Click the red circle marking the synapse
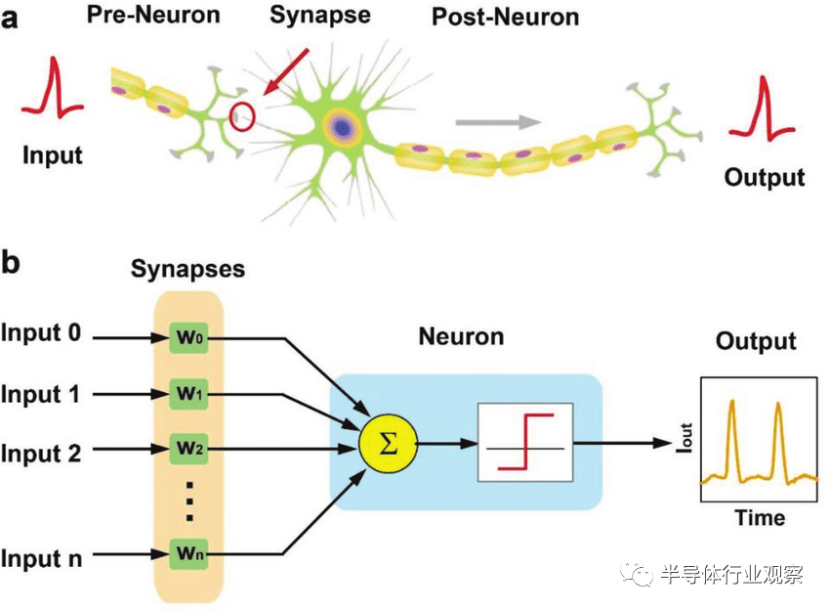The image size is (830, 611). tap(230, 116)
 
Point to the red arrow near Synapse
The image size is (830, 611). tap(286, 72)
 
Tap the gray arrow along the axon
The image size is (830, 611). tap(498, 122)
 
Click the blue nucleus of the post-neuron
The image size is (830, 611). tap(343, 128)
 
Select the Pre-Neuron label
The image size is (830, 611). tap(153, 15)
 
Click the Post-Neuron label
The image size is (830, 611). tap(506, 17)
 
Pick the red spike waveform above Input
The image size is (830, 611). tap(52, 87)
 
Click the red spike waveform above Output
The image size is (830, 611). tap(762, 109)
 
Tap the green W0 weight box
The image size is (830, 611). tap(188, 337)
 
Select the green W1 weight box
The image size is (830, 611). tap(188, 394)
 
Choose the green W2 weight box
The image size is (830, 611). tap(188, 449)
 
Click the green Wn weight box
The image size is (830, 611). tap(188, 553)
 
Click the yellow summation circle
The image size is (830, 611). tap(388, 444)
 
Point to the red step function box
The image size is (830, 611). tap(525, 443)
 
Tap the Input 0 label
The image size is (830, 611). tap(41, 332)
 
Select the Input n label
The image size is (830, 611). tap(41, 558)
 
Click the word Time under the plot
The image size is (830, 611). tap(760, 518)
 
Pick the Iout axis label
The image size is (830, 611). tap(685, 438)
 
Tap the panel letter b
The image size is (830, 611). tap(11, 262)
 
